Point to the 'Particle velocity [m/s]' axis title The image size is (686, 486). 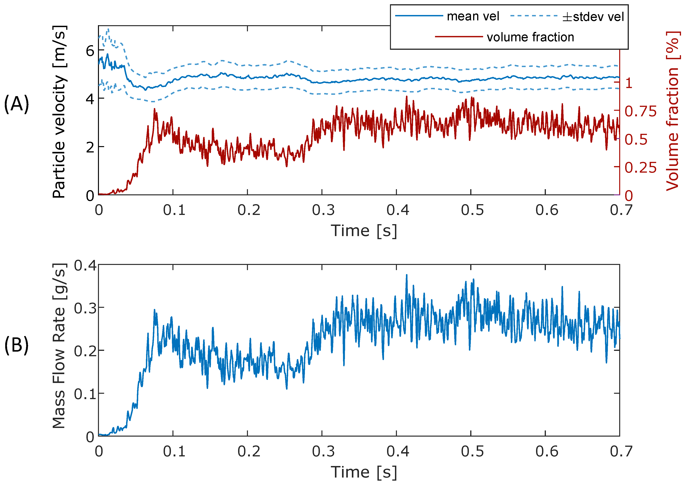pyautogui.click(x=59, y=111)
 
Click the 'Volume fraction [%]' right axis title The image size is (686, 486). pyautogui.click(x=672, y=111)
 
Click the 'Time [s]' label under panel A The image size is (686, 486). pyautogui.click(x=364, y=231)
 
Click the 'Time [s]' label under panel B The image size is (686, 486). pyautogui.click(x=364, y=472)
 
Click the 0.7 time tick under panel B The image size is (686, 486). pyautogui.click(x=621, y=451)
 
